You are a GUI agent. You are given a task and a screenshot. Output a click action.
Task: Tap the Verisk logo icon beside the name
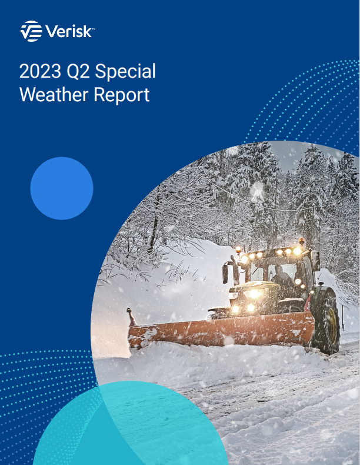31,31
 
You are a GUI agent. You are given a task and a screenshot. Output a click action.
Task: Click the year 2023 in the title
38,71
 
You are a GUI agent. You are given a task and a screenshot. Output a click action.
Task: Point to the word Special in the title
125,71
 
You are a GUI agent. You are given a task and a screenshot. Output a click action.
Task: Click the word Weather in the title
52,94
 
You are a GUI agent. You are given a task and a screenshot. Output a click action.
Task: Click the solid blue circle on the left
62,188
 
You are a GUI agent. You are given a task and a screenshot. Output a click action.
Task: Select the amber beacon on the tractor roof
301,241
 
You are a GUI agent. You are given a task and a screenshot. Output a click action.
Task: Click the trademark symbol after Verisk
94,27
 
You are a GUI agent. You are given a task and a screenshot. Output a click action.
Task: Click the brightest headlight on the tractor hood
255,294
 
